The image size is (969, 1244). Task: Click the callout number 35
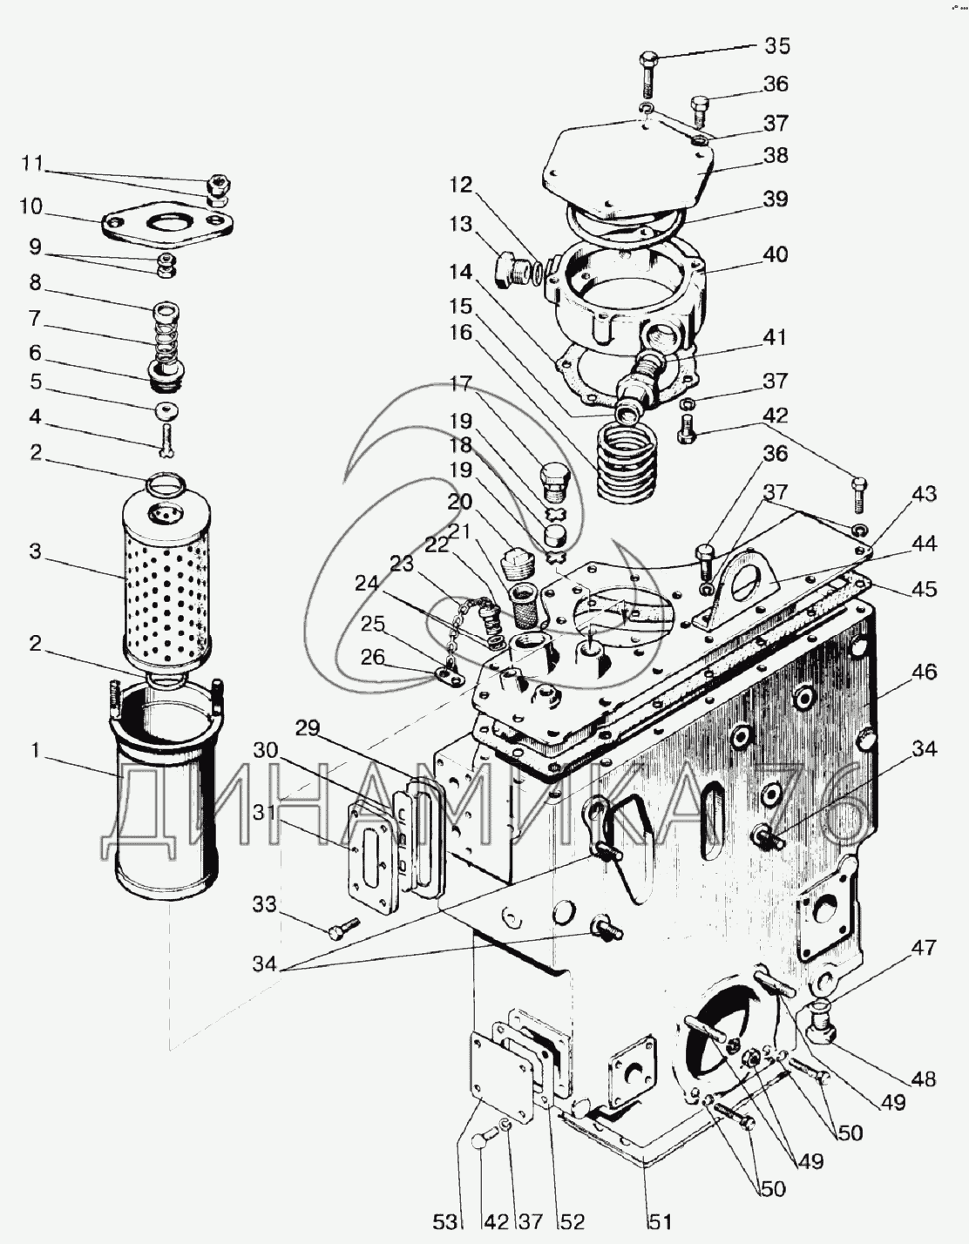tap(777, 45)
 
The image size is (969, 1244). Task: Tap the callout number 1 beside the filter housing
tap(36, 750)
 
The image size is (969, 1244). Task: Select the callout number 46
tap(925, 672)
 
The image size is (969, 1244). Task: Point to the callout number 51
tap(660, 1221)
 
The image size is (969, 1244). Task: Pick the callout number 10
tap(31, 206)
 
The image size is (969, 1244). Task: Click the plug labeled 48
tap(822, 1023)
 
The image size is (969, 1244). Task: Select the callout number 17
tap(461, 383)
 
